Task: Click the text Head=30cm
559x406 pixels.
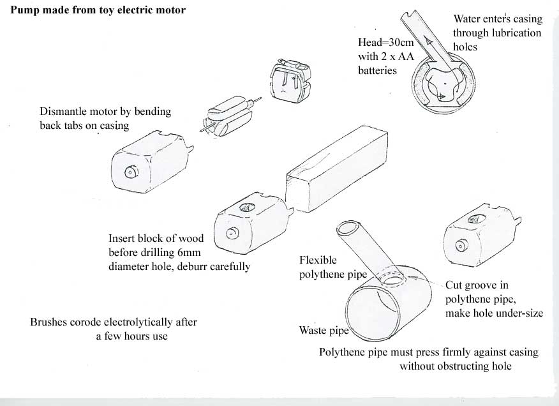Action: point(386,43)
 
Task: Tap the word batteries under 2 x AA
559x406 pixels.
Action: point(377,71)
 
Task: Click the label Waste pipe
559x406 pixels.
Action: point(324,331)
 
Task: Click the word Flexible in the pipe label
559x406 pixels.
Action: point(318,260)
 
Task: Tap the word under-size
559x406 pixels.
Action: point(518,314)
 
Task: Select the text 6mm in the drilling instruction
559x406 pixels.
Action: point(190,253)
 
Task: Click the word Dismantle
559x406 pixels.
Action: point(63,112)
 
